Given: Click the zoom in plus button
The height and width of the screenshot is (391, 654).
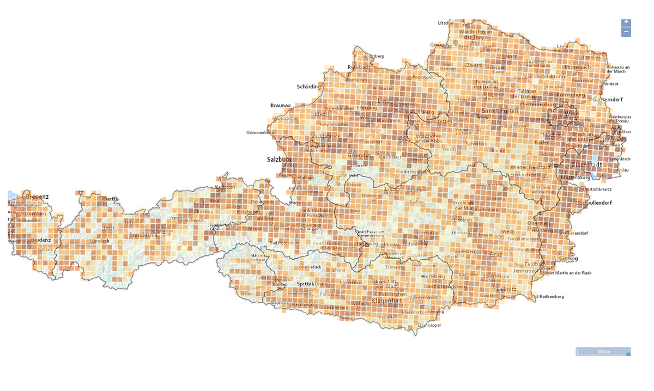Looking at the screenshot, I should (x=626, y=22).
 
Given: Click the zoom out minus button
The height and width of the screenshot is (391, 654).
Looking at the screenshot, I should (x=626, y=32).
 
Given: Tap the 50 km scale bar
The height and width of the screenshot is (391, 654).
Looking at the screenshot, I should (x=603, y=352).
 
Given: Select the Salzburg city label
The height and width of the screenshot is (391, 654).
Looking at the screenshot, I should (x=279, y=160).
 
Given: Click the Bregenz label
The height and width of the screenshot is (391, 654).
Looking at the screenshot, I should (x=37, y=197).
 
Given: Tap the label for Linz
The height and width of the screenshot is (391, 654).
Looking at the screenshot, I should (x=384, y=102).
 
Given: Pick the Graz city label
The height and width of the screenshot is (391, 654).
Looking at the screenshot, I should (x=495, y=254).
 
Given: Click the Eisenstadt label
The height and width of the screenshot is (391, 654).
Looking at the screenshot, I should (x=587, y=164).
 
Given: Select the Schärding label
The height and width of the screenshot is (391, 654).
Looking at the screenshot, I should (x=308, y=87).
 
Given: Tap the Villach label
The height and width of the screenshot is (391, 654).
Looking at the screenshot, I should (x=360, y=303).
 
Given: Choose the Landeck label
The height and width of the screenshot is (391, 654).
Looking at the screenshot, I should (x=100, y=241).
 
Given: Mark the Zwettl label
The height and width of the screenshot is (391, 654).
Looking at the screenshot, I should (x=474, y=65).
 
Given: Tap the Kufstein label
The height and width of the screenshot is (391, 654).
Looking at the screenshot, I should (x=226, y=187).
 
